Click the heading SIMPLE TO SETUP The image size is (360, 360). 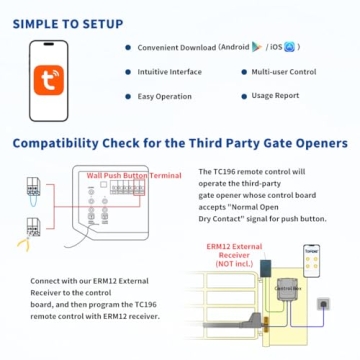pyautogui.click(x=69, y=22)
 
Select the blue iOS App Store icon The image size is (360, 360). pyautogui.click(x=290, y=46)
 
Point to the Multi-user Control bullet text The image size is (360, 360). pyautogui.click(x=285, y=72)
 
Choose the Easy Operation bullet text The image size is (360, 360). pyautogui.click(x=165, y=97)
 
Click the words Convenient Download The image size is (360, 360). pyautogui.click(x=176, y=47)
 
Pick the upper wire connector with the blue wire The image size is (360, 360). pyautogui.click(x=31, y=188)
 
